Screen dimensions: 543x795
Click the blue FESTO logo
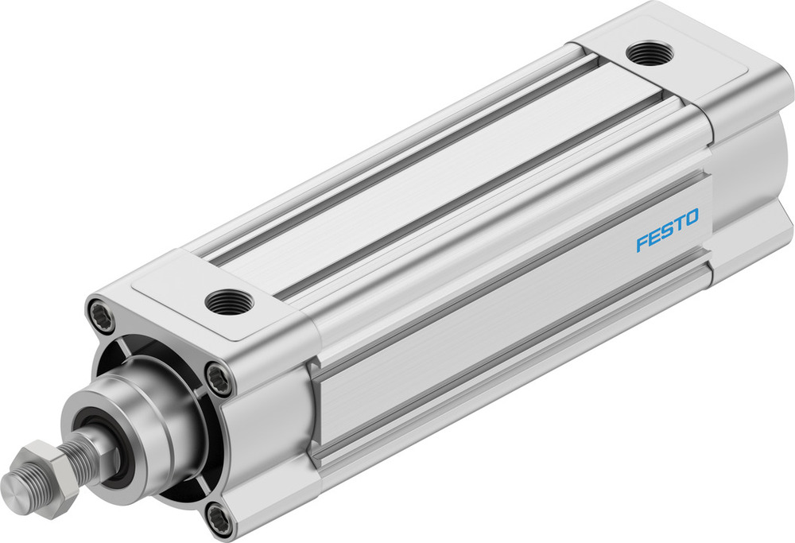(667, 230)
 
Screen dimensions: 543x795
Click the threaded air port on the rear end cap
(649, 53)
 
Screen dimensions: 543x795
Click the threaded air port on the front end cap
(229, 301)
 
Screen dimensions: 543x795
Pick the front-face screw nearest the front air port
(219, 377)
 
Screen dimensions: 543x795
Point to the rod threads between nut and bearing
(81, 456)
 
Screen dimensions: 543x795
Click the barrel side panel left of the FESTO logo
(477, 318)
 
